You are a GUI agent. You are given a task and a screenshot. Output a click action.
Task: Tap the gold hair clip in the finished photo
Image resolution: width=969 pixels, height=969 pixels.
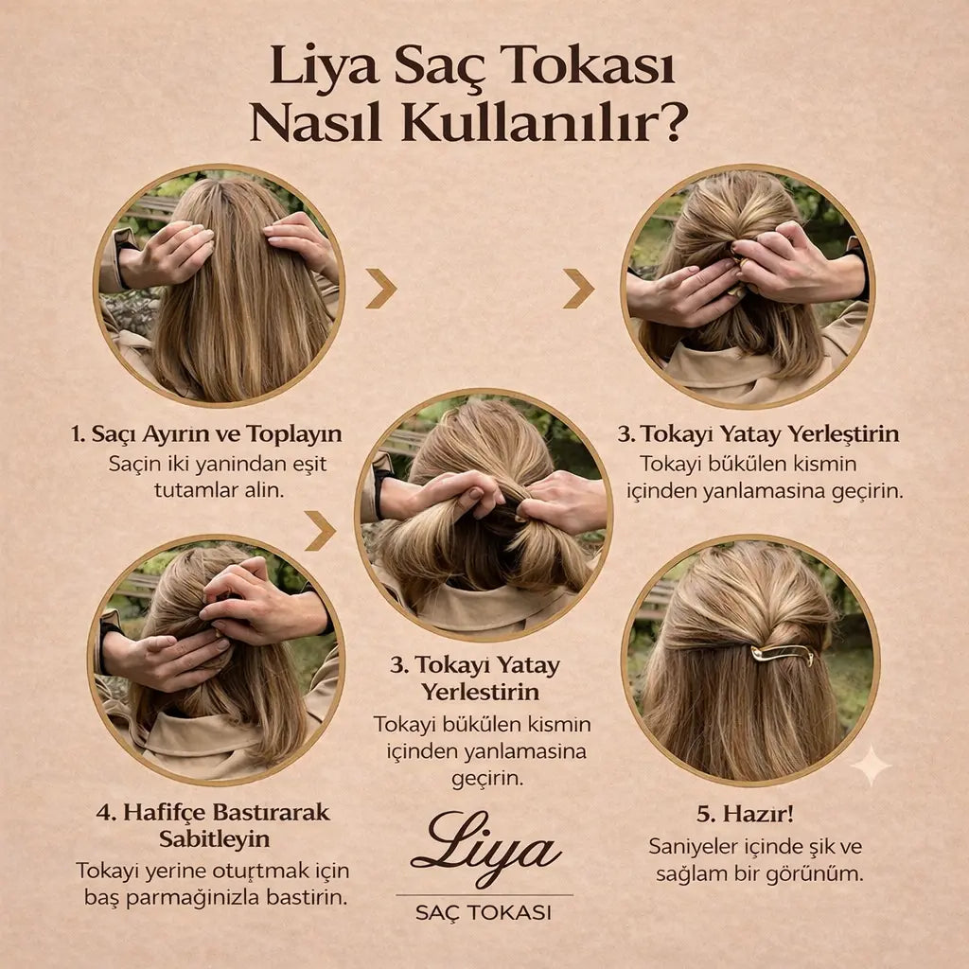point(782,653)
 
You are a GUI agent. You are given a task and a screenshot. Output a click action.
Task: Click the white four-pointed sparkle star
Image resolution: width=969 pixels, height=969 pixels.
point(871,766)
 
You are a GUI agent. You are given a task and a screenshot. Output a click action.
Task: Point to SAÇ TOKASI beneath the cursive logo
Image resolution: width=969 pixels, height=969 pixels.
point(484,913)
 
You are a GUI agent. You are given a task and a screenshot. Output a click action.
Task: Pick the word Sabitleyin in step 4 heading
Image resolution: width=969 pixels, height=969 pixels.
point(213,839)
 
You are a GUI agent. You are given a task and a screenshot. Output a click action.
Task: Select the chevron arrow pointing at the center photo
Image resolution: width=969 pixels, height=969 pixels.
point(320,531)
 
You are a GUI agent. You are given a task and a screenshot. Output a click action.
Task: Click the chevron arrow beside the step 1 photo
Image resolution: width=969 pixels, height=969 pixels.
point(380,289)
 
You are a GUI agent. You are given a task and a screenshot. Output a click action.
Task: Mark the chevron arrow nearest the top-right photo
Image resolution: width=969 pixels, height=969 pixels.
point(578,289)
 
